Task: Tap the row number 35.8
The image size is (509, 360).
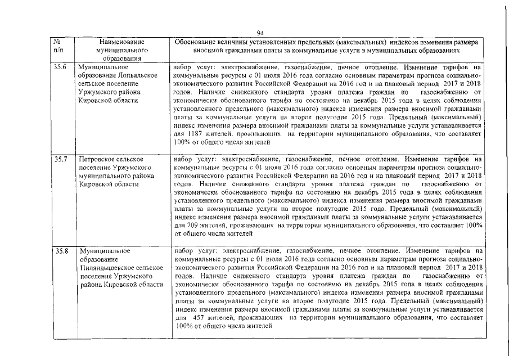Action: coord(60,250)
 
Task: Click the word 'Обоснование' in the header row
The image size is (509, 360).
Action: coord(197,42)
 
